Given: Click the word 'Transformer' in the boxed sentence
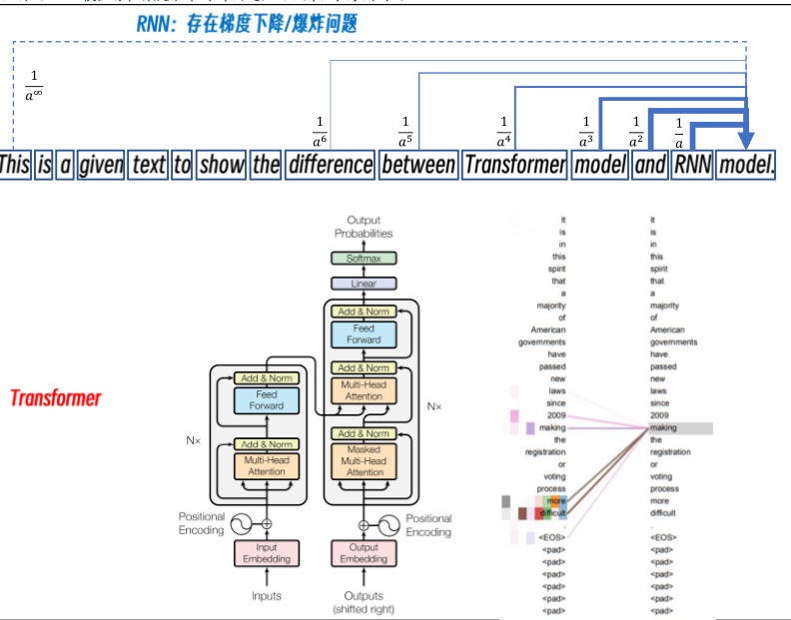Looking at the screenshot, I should tap(514, 165).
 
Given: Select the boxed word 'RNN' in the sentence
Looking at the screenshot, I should tap(692, 165).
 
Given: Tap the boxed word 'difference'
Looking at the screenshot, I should tap(330, 165).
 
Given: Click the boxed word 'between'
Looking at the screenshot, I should tap(417, 165).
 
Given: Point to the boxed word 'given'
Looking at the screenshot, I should tap(101, 165).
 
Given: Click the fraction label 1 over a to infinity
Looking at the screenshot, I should tap(34, 87).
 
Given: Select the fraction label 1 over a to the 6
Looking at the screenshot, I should tap(320, 130).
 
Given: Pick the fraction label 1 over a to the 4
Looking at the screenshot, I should tap(503, 130).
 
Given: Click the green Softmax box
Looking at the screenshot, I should tap(364, 258).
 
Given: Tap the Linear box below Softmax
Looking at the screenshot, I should tap(364, 284).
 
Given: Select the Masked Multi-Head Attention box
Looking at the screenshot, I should tap(364, 461).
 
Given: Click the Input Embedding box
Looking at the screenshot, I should tap(267, 552).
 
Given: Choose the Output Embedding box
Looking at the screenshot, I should tap(364, 552).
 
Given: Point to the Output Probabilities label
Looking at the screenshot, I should tap(364, 227).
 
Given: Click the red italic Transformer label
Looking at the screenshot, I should tap(56, 398).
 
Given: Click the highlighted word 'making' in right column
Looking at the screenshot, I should tap(663, 428).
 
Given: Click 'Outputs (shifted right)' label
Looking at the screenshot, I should tap(364, 602).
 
